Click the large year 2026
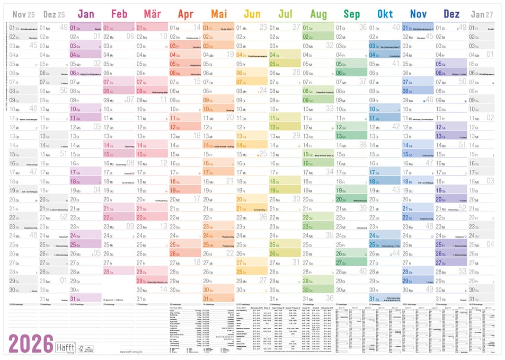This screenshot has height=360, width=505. pos(31,344)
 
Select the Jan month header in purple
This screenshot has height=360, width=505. pos(85,14)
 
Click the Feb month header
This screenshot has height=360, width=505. pos(119,14)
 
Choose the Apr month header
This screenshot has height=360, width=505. pos(185,14)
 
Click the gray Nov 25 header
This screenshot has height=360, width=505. pos(23,14)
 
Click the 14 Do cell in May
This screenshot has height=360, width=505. pos(218,145)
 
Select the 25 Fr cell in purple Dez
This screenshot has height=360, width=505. pos(451,244)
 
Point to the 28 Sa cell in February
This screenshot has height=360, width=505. pos(119,271)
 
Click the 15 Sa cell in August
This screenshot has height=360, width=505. pos(318,154)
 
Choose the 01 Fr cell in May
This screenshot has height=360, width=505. pos(218,27)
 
